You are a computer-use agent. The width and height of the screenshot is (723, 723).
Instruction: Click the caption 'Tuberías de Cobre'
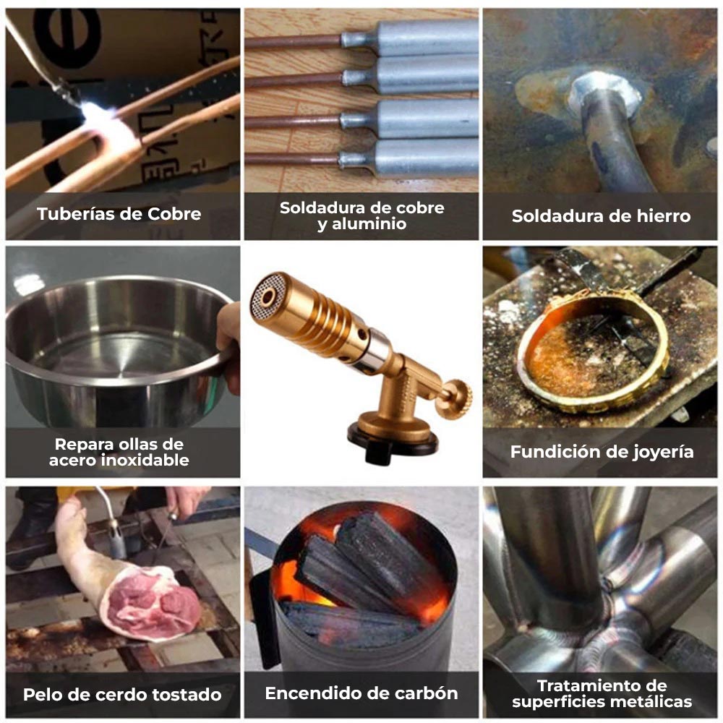pyautogui.click(x=119, y=214)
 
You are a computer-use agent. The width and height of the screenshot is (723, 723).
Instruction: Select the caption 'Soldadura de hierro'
pyautogui.click(x=601, y=215)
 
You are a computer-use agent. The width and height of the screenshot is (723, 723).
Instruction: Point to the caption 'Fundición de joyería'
pyautogui.click(x=602, y=452)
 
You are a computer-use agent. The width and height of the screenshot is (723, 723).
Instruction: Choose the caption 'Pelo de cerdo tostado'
pyautogui.click(x=122, y=695)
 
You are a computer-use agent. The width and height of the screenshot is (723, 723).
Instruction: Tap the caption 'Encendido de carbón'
pyautogui.click(x=361, y=693)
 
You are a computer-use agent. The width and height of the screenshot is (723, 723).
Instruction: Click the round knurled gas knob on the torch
pyautogui.click(x=457, y=394)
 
